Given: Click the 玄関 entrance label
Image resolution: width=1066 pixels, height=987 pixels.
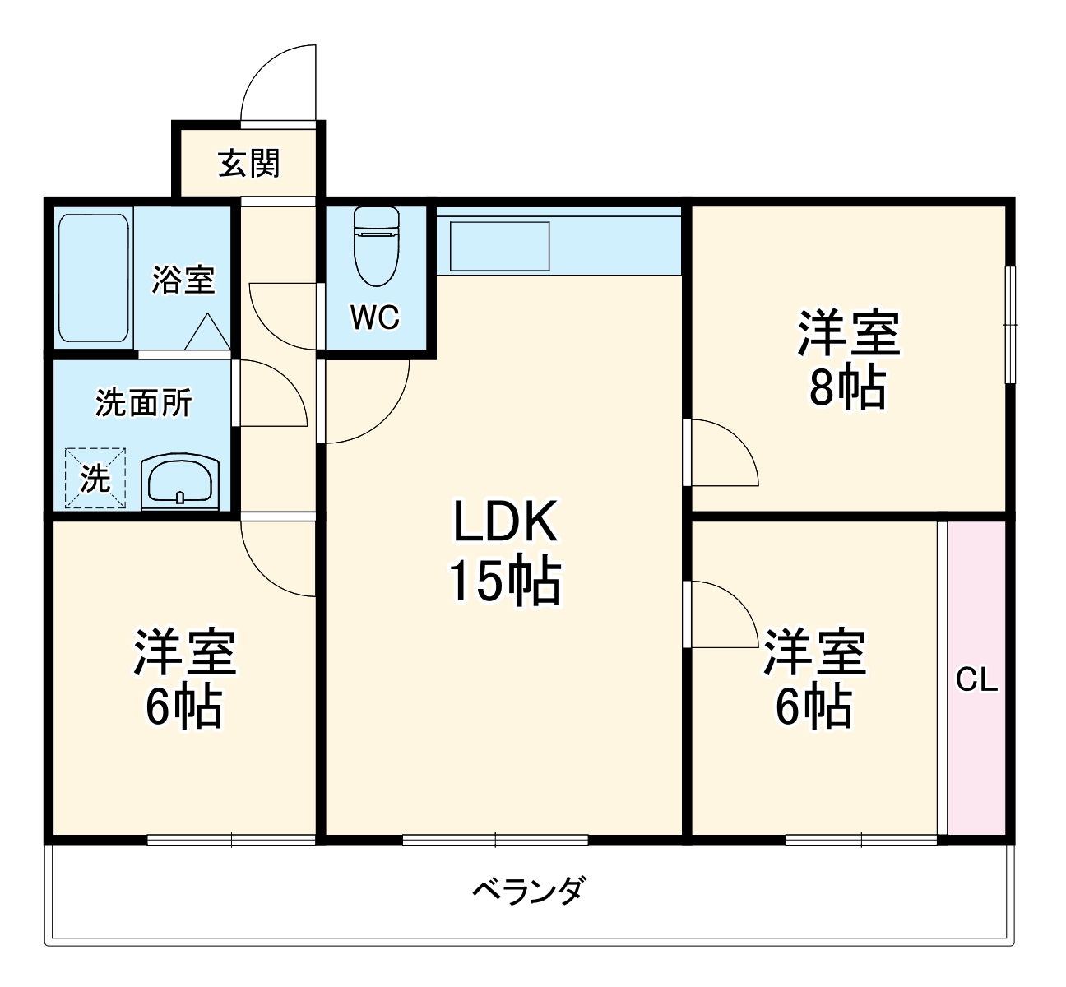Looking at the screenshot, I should click(x=248, y=163).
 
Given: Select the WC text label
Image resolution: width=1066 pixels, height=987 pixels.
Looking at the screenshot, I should click(x=375, y=317).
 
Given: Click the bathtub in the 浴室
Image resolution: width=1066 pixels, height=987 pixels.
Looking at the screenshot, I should click(x=93, y=278).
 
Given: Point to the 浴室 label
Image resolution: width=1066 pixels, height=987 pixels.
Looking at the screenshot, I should click(x=183, y=280).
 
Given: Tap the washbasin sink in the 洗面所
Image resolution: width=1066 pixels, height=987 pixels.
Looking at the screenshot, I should click(x=181, y=483).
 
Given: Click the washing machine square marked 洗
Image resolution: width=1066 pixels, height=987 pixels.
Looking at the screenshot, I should click(x=95, y=478).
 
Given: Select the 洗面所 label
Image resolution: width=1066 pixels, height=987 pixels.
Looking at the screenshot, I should click(x=144, y=403).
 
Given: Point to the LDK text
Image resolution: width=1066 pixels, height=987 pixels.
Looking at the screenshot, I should click(x=506, y=521).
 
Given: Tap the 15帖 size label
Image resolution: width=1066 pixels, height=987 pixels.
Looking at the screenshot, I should click(x=504, y=582).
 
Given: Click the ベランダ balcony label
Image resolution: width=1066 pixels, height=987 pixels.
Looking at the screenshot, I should click(x=531, y=890).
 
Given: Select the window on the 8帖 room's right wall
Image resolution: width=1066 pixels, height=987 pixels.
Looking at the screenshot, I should click(x=1011, y=324).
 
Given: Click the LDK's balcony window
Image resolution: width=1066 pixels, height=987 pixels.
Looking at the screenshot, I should click(x=495, y=840).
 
